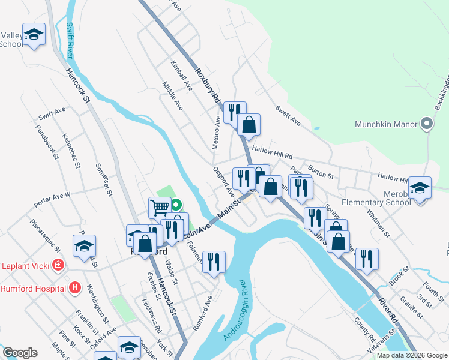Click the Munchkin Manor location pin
pyautogui.click(x=427, y=125)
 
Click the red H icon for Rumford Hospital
pyautogui.click(x=75, y=289)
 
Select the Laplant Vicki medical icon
pyautogui.click(x=58, y=265)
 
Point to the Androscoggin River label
pyautogui.click(x=234, y=310)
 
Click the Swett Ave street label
pyautogui.click(x=288, y=113)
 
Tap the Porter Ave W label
pyautogui.click(x=52, y=199)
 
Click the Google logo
pyautogui.click(x=20, y=353)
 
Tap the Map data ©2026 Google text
pyautogui.click(x=411, y=355)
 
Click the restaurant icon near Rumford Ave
pyautogui.click(x=214, y=262)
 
